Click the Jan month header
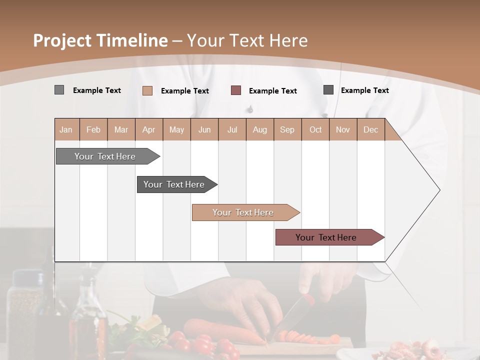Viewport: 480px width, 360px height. pos(66,129)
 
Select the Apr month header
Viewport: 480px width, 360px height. pos(148,129)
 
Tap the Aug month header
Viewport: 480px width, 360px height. pos(259,129)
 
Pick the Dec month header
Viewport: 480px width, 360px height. pos(370,129)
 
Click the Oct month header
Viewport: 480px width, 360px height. pos(315,129)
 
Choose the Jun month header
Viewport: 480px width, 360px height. pos(204,129)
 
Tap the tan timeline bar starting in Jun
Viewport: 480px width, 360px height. pos(243,212)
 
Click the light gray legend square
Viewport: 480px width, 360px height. pos(59,90)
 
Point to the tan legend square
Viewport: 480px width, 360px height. pos(147,90)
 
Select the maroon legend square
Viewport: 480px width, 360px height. pos(236,90)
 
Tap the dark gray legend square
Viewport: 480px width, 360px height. pos(328,90)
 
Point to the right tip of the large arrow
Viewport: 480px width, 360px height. pos(439,190)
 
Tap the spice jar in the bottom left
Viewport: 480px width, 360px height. pos(25,310)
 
